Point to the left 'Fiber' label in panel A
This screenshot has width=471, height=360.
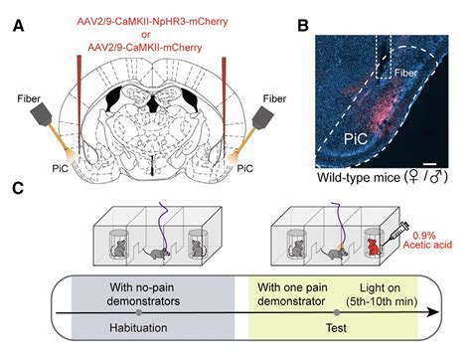point(28,98)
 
